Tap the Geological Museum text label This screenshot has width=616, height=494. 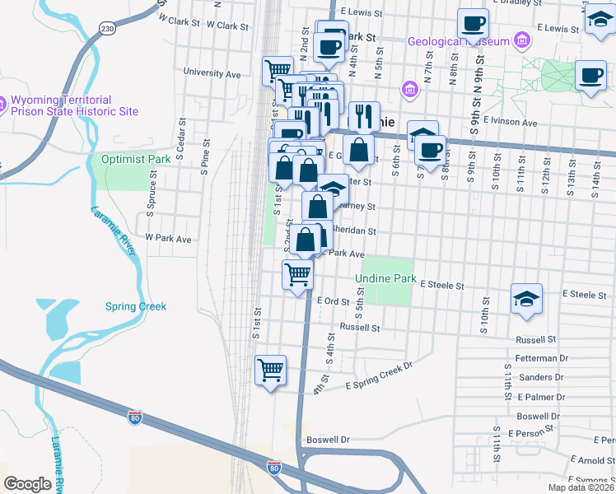tap(459, 40)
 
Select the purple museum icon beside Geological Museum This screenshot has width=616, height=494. tap(520, 40)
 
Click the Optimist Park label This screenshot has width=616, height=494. tap(128, 158)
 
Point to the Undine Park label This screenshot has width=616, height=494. tap(385, 279)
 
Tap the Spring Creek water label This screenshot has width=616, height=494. tap(136, 306)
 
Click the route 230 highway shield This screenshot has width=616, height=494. tap(106, 29)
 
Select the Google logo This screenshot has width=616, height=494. tap(28, 483)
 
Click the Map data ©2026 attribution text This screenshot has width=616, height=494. tap(581, 487)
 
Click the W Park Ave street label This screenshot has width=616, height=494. tap(168, 239)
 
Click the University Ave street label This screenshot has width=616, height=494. tap(212, 72)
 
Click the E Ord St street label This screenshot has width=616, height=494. tap(334, 301)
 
